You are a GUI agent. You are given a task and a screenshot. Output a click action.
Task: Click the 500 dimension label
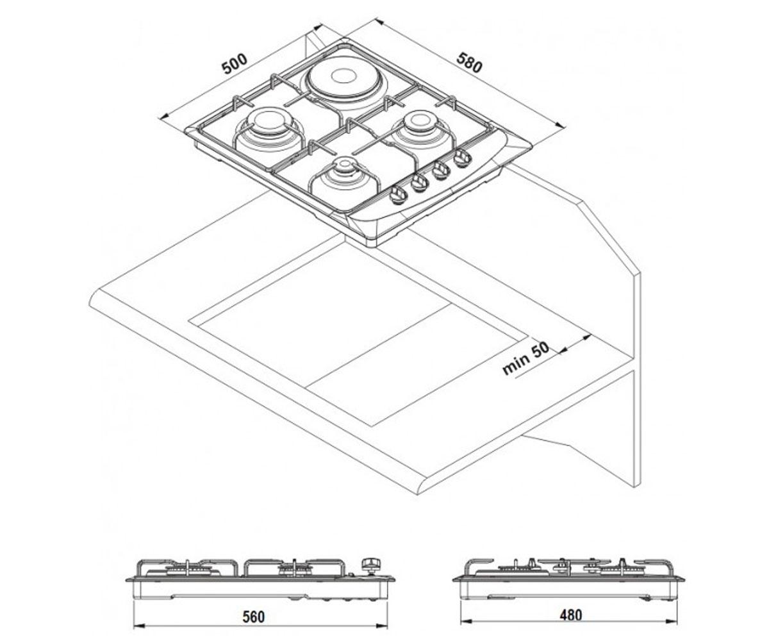235,64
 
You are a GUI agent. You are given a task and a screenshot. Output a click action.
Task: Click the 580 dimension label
469,62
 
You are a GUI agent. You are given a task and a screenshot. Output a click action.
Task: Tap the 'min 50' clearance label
525,358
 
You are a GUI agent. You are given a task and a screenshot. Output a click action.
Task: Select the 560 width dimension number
254,617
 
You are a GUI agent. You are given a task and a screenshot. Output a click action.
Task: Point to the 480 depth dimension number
571,615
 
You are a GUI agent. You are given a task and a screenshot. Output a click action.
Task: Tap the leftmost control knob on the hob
398,195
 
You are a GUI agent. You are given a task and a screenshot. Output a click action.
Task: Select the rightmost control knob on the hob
462,158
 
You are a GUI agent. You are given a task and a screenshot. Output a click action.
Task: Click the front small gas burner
344,171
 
